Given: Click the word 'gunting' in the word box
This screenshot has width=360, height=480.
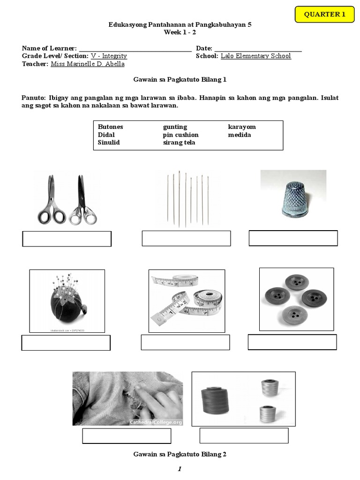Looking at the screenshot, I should tap(175, 127).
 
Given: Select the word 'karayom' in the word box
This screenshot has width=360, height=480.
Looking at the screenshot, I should tap(242, 127).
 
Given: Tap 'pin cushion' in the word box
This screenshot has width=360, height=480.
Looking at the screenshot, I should tap(180, 135).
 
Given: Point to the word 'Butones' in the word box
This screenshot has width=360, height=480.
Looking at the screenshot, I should tap(110, 127).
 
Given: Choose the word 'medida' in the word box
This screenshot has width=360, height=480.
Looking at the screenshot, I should tap(240, 135).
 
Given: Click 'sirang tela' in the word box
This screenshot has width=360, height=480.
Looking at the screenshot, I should tap(179, 142).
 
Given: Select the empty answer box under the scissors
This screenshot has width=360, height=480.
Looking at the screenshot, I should tap(67, 239).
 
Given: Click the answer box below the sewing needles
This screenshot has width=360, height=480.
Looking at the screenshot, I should tap(186, 238).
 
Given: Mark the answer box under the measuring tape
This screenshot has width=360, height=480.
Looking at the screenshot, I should tap(185, 342).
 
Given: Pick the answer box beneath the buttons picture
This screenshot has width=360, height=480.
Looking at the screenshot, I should tap(292, 342).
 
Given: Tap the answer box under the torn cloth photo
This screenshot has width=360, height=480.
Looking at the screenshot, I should tap(127, 436).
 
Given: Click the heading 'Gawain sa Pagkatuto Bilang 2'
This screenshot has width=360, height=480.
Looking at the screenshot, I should tap(180, 454).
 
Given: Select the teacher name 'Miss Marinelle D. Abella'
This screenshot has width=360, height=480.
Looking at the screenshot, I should tap(87, 64).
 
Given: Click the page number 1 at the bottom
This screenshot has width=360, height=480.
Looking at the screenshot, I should tap(180, 469).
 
